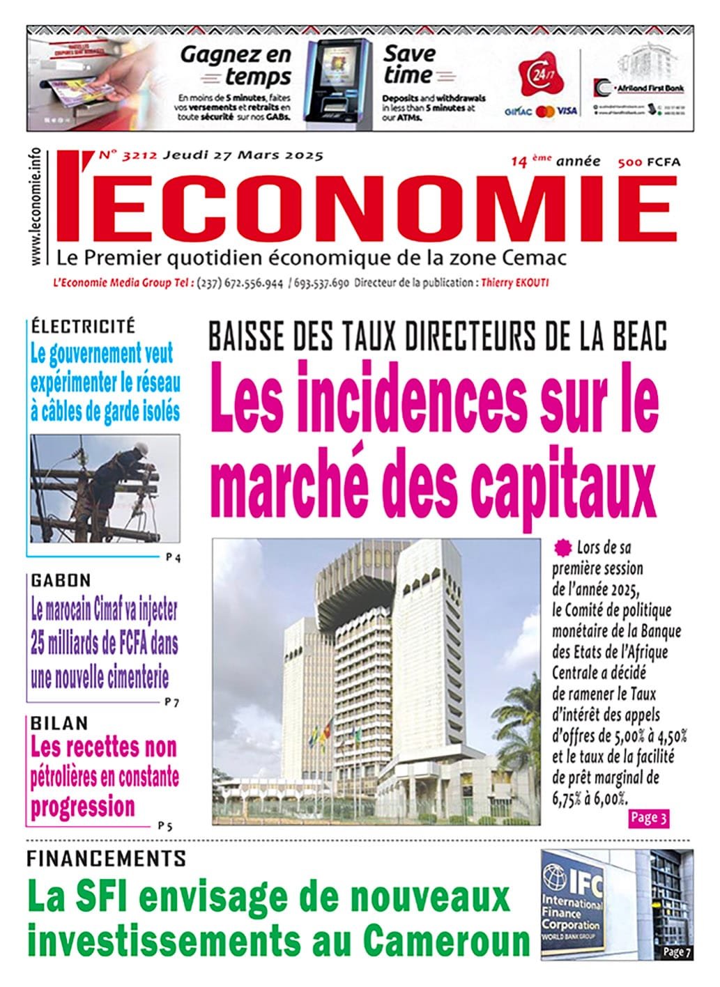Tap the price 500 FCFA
[x=648, y=163]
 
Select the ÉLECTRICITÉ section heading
[x=82, y=326]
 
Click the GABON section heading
[x=61, y=580]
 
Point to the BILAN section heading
[x=59, y=724]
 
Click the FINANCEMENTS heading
[x=106, y=858]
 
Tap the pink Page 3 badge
[x=648, y=818]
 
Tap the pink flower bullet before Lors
[x=561, y=547]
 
